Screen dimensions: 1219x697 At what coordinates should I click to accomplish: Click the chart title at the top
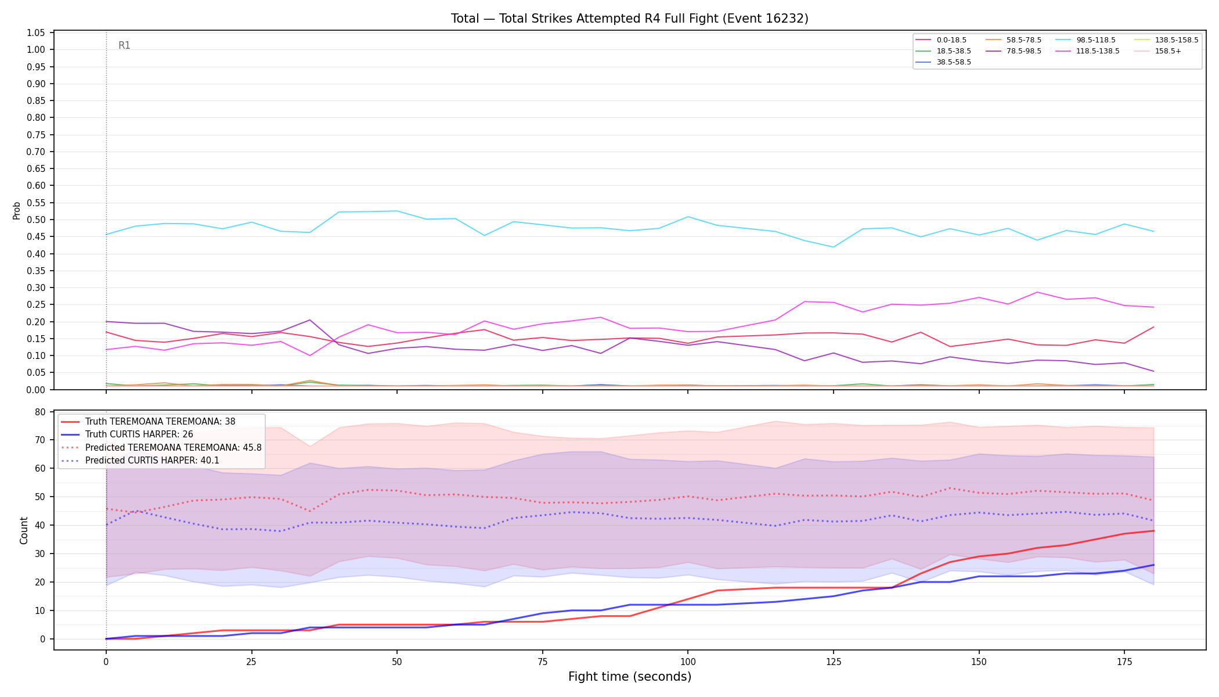(x=630, y=19)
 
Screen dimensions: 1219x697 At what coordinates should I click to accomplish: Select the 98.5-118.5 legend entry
(x=1084, y=40)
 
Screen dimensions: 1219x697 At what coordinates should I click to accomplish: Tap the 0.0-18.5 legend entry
(x=941, y=40)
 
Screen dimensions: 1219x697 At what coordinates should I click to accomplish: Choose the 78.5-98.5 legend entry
(x=1013, y=51)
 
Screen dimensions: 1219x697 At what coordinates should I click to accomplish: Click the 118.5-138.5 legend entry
(x=1087, y=51)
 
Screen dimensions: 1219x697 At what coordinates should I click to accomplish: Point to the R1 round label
(x=124, y=45)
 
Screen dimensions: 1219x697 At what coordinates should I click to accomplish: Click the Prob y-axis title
(x=17, y=210)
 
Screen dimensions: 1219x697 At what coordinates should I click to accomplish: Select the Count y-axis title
(x=24, y=530)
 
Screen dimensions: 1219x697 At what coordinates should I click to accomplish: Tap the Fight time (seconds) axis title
(x=630, y=677)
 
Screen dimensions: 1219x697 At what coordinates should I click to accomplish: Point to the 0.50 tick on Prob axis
(x=36, y=220)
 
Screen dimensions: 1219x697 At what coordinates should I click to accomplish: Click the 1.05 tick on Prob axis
(x=36, y=33)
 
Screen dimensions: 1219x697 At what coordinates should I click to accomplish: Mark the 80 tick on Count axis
(x=40, y=412)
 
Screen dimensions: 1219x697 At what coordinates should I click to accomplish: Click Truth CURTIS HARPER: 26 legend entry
(x=127, y=434)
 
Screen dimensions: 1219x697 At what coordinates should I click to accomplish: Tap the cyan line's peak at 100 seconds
(x=688, y=217)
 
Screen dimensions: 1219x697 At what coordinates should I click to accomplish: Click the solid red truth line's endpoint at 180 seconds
(x=1153, y=531)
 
